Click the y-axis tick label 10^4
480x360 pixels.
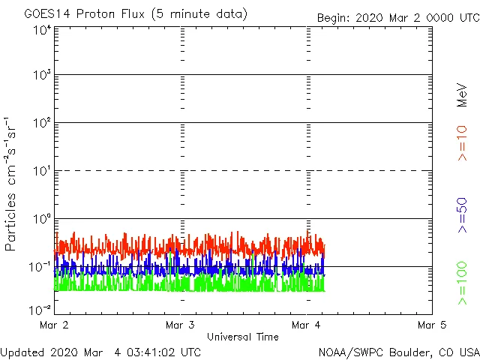pyautogui.click(x=42, y=31)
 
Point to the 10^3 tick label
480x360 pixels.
pyautogui.click(x=42, y=76)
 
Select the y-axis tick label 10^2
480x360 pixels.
pyautogui.click(x=42, y=124)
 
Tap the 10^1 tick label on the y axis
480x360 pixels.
pyautogui.click(x=42, y=172)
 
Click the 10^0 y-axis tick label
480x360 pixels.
pyautogui.click(x=42, y=220)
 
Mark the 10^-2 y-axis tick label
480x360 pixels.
pyautogui.click(x=40, y=310)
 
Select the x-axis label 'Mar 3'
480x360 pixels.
pyautogui.click(x=180, y=325)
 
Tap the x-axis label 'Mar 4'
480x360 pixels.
pyautogui.click(x=306, y=325)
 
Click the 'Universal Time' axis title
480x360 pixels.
pyautogui.click(x=242, y=337)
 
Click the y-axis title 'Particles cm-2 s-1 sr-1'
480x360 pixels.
pyautogui.click(x=12, y=184)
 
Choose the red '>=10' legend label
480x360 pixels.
pyautogui.click(x=462, y=143)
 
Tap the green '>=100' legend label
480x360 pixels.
pyautogui.click(x=462, y=283)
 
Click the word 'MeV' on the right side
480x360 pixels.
pyautogui.click(x=462, y=93)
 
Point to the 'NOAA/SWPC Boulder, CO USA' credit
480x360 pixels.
pyautogui.click(x=398, y=352)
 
